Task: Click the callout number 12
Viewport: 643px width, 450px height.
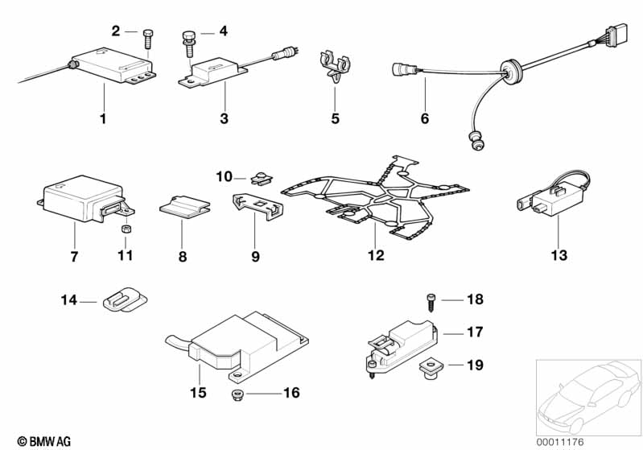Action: point(376,255)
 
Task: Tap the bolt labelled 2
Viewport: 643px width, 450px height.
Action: point(148,39)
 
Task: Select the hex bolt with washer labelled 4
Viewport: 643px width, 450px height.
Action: point(188,44)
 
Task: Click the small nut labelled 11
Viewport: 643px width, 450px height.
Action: point(126,229)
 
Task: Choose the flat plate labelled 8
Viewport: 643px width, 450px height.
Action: point(184,207)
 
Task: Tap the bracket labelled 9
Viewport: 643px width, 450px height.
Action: point(258,207)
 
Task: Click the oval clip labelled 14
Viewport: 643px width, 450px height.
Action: point(125,299)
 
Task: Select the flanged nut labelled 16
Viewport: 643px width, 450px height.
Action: point(237,395)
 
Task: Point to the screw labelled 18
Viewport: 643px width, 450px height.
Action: point(431,303)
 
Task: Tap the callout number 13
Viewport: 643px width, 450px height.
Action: point(559,255)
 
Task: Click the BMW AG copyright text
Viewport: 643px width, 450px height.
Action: point(44,441)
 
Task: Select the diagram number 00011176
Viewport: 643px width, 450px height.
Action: point(560,442)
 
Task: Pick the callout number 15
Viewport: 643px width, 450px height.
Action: point(198,393)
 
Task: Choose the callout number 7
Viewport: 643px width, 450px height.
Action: point(74,257)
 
